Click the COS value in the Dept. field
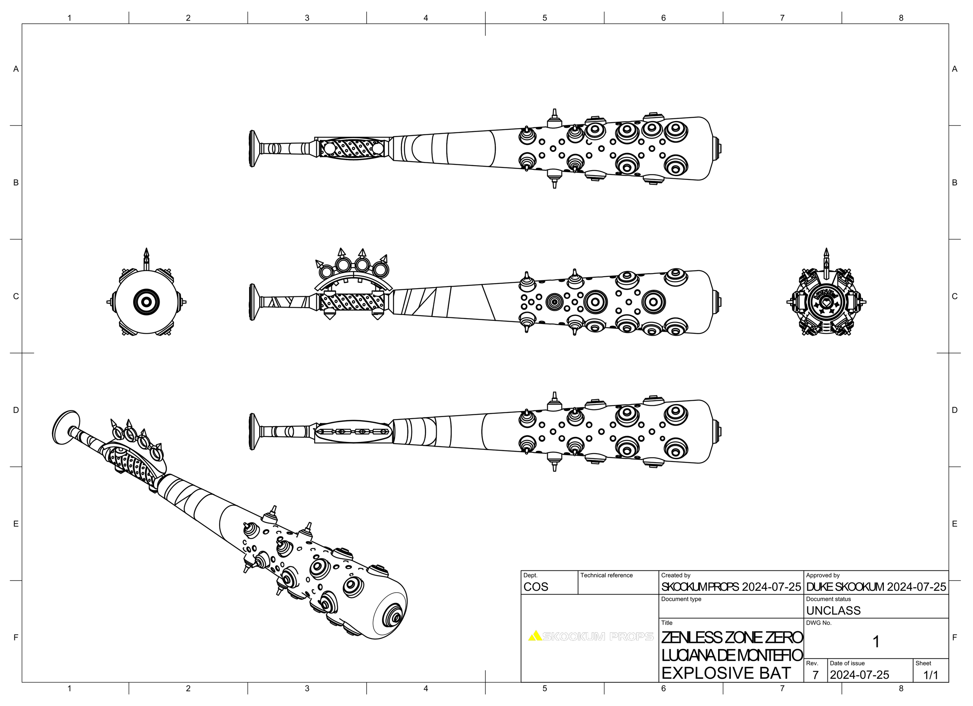[536, 587]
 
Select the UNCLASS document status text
[833, 610]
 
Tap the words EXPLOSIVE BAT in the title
[726, 673]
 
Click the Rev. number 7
[815, 675]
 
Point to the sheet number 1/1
[931, 675]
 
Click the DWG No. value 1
[876, 642]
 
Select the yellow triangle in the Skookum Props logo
[535, 636]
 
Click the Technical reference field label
[606, 575]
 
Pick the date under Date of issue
[859, 675]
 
